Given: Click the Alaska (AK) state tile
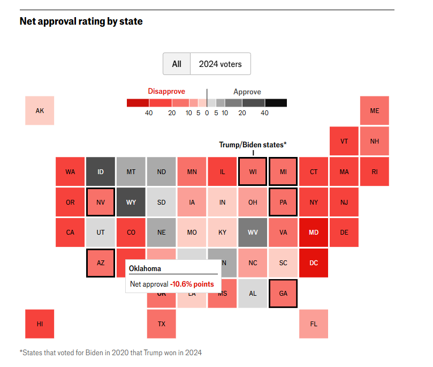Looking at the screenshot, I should tap(40, 111).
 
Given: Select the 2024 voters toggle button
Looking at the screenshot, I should tap(220, 64).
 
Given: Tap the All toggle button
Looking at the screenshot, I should tap(177, 64).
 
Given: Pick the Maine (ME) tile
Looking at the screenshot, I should tap(374, 111).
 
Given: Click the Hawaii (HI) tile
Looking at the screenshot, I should tap(40, 324).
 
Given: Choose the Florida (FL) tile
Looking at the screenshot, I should tap(314, 324).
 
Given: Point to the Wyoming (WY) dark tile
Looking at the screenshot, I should tap(131, 203).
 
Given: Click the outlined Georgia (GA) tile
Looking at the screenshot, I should tap(283, 294).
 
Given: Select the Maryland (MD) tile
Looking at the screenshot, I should tap(314, 233).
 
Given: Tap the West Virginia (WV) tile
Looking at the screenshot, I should tap(253, 233).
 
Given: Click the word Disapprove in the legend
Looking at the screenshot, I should tap(166, 92).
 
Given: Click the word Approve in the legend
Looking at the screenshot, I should tap(247, 92).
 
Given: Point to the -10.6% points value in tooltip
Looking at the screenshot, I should tap(192, 284).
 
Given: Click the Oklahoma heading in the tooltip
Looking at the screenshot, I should tap(145, 268).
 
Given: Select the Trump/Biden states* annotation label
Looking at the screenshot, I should tap(253, 145).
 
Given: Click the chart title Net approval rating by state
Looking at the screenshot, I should tap(81, 21).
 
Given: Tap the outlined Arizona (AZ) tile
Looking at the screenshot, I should tap(101, 263).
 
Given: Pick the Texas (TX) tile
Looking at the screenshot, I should tap(161, 324).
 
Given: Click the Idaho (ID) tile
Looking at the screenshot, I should tap(101, 172).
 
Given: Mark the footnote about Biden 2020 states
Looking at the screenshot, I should tap(110, 353).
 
